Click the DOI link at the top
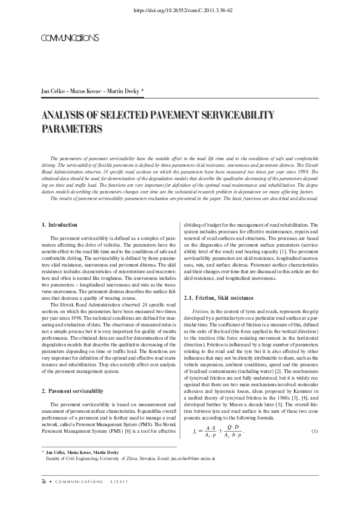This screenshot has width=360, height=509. click(x=180, y=10)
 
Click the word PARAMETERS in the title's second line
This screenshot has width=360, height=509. click(x=71, y=128)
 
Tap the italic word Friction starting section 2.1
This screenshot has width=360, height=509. click(x=201, y=311)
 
